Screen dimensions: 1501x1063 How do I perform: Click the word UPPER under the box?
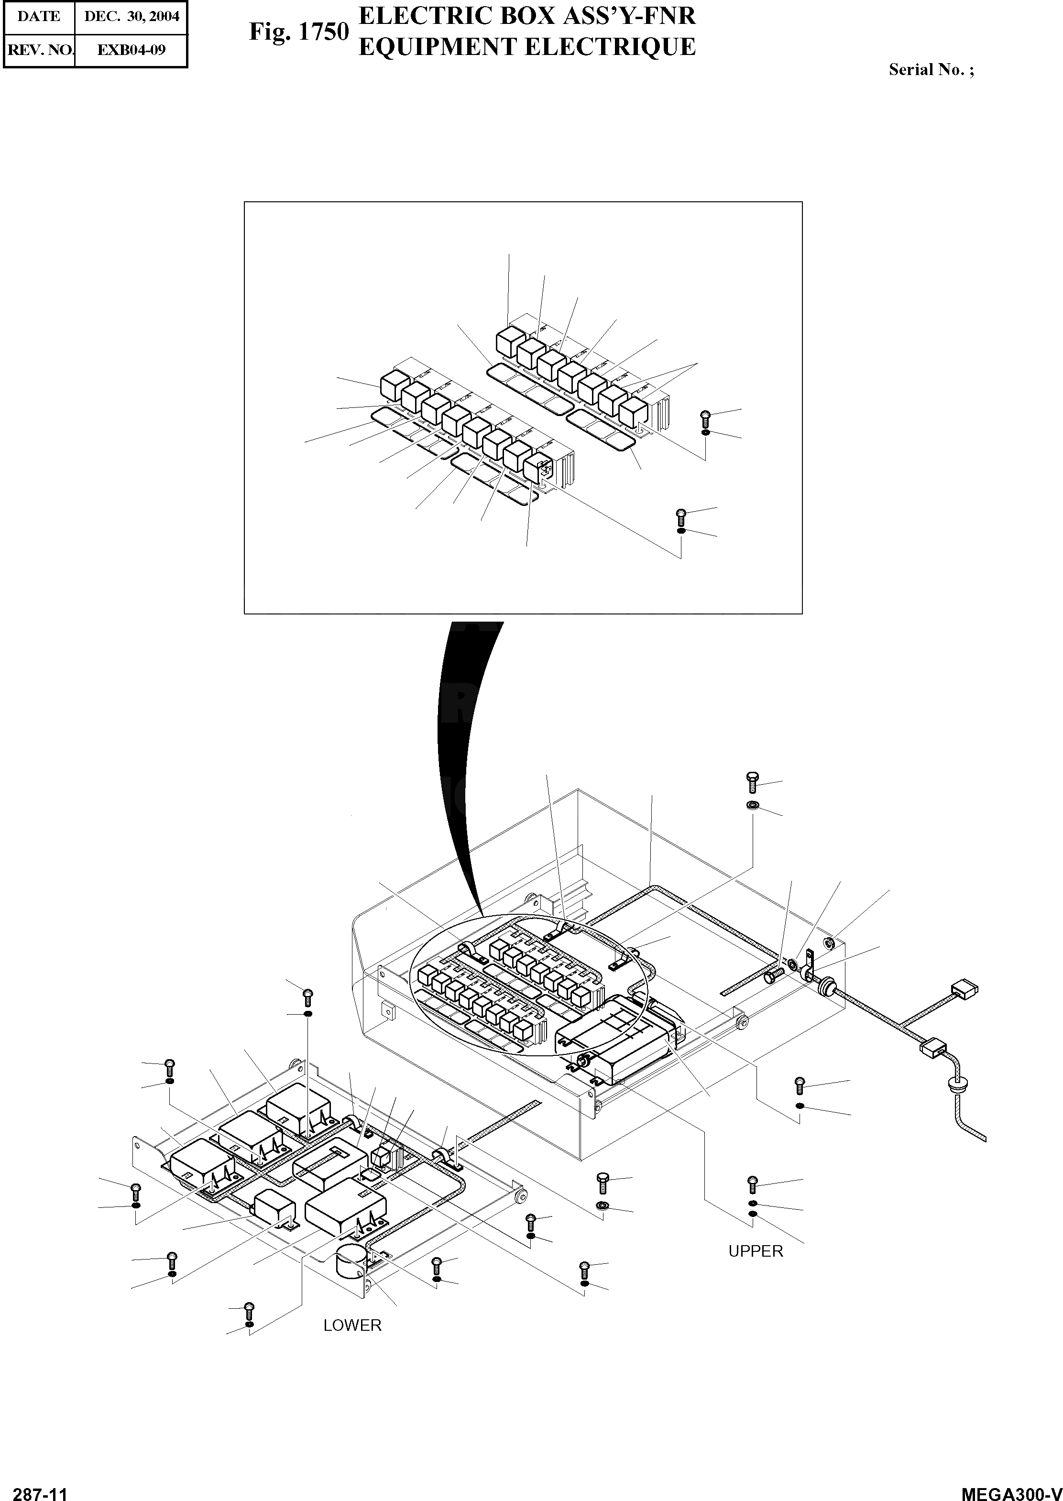pyautogui.click(x=756, y=1251)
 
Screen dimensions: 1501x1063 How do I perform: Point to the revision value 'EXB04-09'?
pyautogui.click(x=132, y=50)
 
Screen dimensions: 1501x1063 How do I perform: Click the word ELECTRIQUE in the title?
pyautogui.click(x=608, y=47)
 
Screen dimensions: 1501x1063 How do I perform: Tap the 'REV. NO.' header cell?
pyautogui.click(x=39, y=50)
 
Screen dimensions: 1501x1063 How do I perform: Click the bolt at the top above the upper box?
pyautogui.click(x=752, y=782)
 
